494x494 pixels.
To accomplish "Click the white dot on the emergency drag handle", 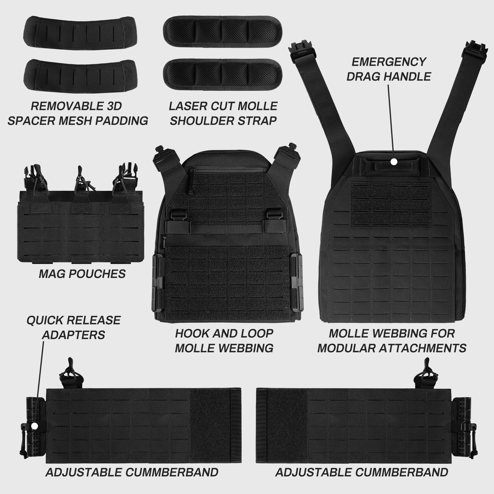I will point(394,161).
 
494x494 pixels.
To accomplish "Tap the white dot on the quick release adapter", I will point(35,426).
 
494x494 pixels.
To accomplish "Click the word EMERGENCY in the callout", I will point(389,62).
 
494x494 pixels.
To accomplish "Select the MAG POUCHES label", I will point(82,274).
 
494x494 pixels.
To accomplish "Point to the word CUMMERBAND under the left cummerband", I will point(172,472).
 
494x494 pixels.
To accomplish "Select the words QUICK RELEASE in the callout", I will point(73,320).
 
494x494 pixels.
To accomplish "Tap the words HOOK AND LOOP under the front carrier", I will point(224,333).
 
